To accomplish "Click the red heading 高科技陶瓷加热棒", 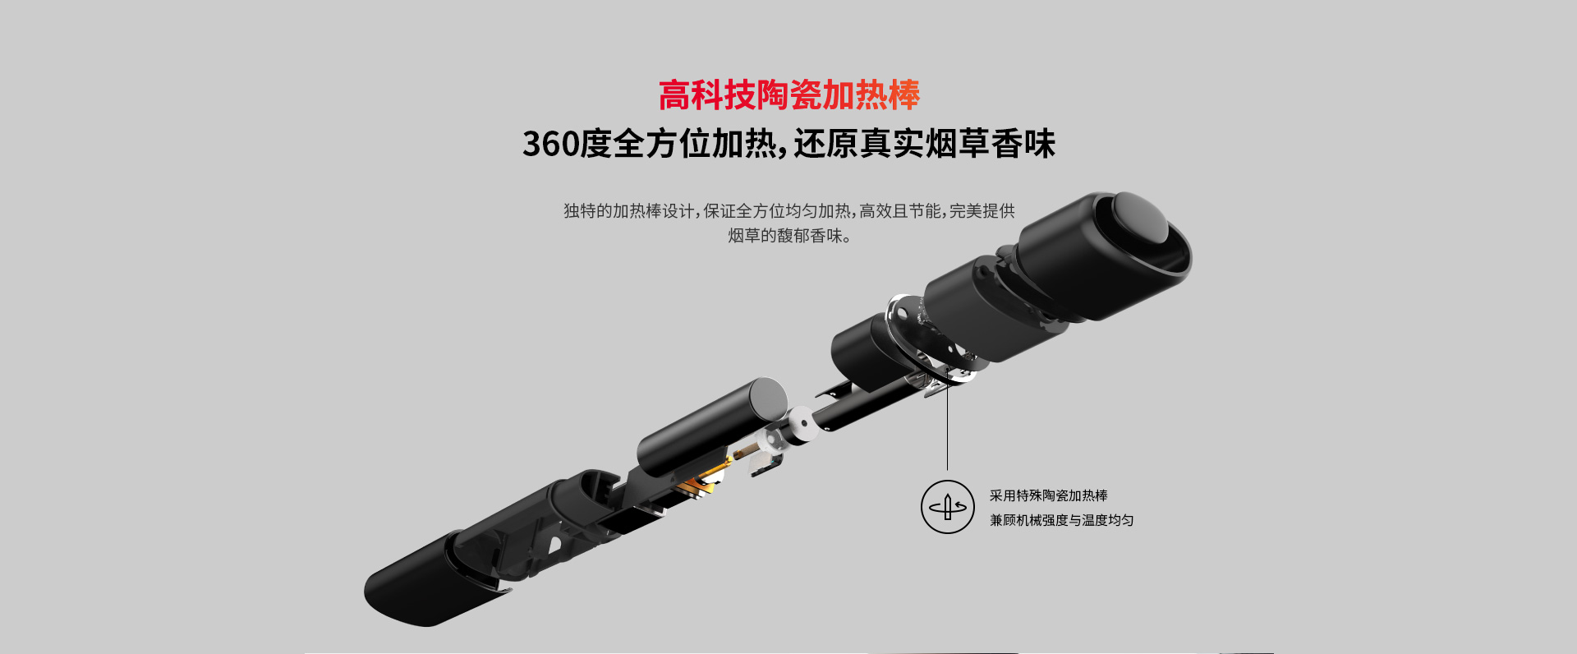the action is (x=788, y=95).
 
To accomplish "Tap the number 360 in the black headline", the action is (x=550, y=144).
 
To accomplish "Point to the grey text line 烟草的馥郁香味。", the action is (x=789, y=236).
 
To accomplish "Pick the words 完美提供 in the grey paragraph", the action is (x=982, y=211).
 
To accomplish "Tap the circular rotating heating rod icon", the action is (x=947, y=507).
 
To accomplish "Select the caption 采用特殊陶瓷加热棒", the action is (x=1048, y=495).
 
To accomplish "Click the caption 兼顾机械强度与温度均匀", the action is (x=1061, y=520).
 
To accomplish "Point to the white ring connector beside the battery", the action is (x=799, y=426).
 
